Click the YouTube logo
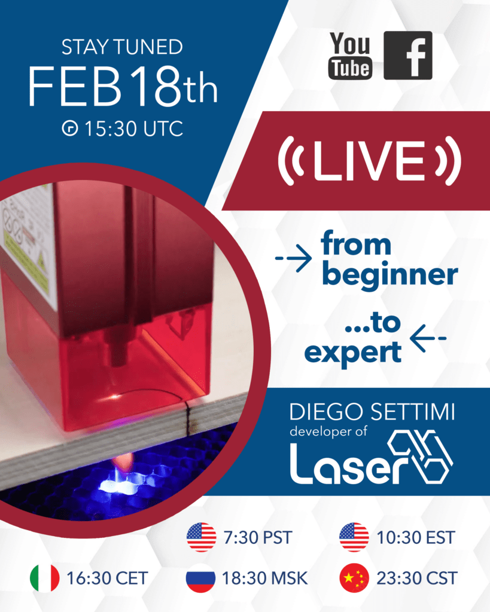pos(349,56)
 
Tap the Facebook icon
pos(407,56)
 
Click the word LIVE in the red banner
pos(370,161)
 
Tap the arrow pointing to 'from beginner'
pos(294,259)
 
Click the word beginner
pos(389,276)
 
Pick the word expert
pos(352,353)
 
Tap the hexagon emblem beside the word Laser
pos(418,457)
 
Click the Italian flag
pos(45,578)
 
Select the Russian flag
pos(201,578)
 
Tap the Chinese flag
pos(354,578)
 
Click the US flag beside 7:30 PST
pos(201,537)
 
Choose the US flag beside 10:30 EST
pos(354,537)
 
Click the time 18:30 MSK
pos(265,579)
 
